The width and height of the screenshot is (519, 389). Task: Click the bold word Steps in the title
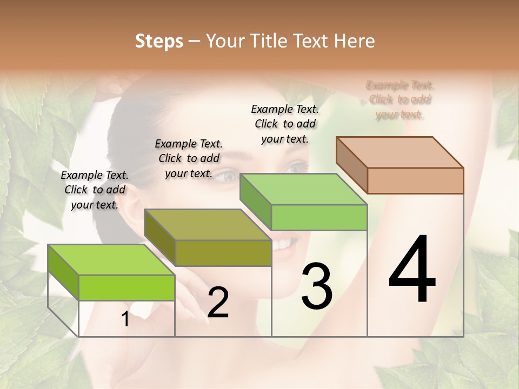click(x=159, y=41)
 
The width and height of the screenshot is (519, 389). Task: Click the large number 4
click(x=412, y=270)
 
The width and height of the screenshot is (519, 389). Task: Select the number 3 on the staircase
click(x=317, y=286)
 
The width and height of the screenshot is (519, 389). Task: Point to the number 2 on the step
click(x=218, y=303)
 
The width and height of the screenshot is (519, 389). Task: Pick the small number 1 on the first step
click(x=125, y=319)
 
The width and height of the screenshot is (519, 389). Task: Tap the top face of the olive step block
click(x=207, y=224)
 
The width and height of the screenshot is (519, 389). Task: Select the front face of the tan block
click(x=415, y=180)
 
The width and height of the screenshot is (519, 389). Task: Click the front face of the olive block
click(x=223, y=253)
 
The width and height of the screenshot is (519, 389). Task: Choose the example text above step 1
click(x=95, y=190)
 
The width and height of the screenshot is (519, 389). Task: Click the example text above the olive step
click(x=189, y=158)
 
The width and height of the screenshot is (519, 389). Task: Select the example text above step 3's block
click(x=285, y=124)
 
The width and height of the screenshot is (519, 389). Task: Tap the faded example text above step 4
click(x=400, y=99)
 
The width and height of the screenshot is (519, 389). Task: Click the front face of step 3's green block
click(x=319, y=217)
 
